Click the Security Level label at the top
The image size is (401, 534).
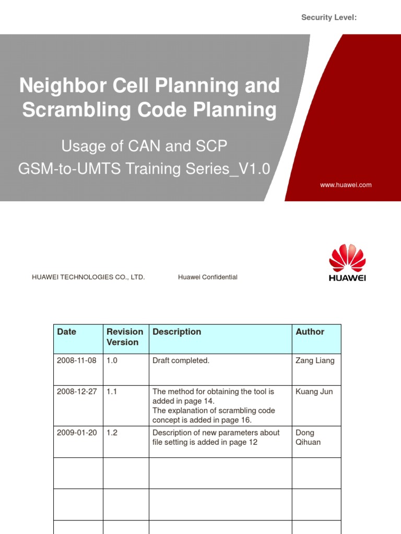pos(329,18)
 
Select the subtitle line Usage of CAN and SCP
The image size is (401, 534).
pos(145,146)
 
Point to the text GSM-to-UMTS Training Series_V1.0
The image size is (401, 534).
pos(145,169)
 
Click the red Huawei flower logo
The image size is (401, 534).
pos(347,259)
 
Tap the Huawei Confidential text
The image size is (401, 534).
pos(207,277)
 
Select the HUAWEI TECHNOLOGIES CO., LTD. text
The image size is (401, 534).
pos(88,277)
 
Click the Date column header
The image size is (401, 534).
pos(66,332)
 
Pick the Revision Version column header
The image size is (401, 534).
pos(125,337)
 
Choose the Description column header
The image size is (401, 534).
pos(176,332)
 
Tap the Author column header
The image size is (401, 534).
pos(310,332)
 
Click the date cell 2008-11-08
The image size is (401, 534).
pos(77,361)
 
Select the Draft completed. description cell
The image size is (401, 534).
pos(181,361)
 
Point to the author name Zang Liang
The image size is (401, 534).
pos(315,361)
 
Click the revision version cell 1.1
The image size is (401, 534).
pos(112,391)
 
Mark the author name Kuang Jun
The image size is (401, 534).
pos(314,391)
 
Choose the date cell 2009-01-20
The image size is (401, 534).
pos(77,433)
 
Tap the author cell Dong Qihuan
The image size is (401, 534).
pos(308,438)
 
